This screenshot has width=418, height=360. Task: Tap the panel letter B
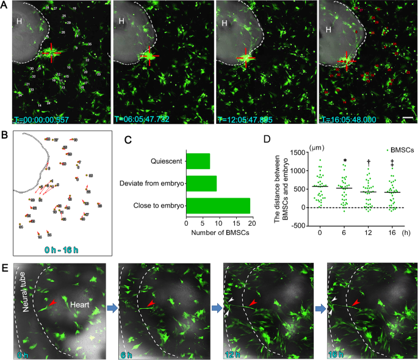[x=4, y=134]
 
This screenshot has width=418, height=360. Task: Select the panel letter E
[x=4, y=268]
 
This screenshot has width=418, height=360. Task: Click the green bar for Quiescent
[x=198, y=161]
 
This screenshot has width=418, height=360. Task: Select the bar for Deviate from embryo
[x=201, y=184]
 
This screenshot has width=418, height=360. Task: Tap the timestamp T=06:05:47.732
[x=144, y=120]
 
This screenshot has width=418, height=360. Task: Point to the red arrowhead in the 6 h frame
[x=150, y=303]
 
